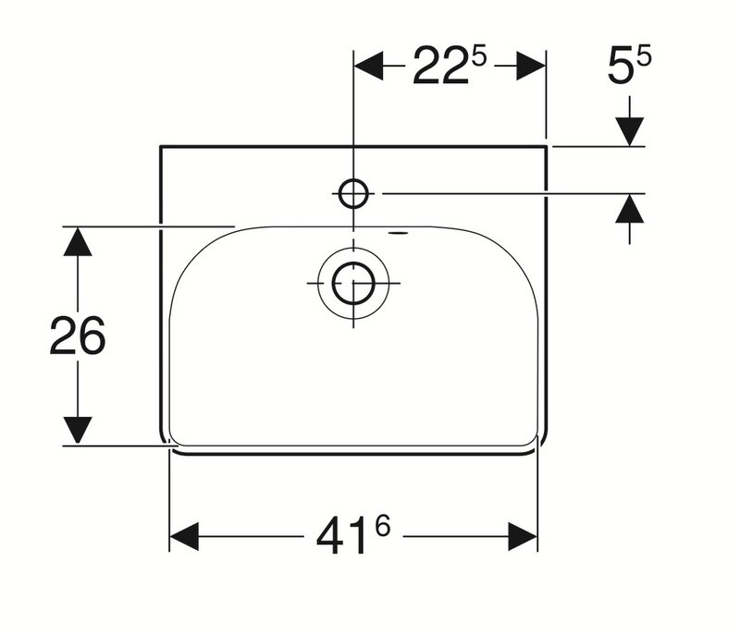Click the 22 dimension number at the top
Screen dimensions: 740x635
point(441,66)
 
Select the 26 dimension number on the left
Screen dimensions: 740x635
point(78,336)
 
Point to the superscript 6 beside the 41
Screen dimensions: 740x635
point(383,526)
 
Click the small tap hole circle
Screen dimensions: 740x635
point(353,193)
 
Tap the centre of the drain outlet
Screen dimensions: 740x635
point(353,284)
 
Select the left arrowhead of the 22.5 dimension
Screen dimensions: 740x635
point(368,66)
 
